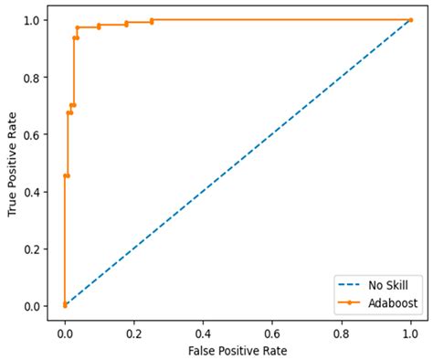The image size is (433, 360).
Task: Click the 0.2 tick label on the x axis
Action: pyautogui.click(x=134, y=334)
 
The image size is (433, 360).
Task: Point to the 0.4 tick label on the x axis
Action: pyautogui.click(x=203, y=334)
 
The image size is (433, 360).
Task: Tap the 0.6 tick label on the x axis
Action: pyautogui.click(x=272, y=334)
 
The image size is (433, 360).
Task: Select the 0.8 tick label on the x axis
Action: pyautogui.click(x=342, y=334)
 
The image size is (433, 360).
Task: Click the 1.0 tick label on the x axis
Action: pyautogui.click(x=410, y=334)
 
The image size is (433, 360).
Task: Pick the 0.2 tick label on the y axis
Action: pyautogui.click(x=32, y=249)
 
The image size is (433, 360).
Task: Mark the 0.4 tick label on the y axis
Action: pyautogui.click(x=32, y=192)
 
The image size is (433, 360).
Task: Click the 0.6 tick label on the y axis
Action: pyautogui.click(x=32, y=134)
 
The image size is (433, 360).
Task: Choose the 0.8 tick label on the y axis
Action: pyautogui.click(x=32, y=78)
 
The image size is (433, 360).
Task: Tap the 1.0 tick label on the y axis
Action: pyautogui.click(x=32, y=20)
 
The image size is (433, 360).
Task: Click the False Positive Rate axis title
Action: pyautogui.click(x=238, y=351)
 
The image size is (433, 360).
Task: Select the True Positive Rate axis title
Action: pyautogui.click(x=12, y=164)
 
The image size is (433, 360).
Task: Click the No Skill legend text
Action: pyautogui.click(x=388, y=285)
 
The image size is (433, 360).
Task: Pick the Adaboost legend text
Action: pyautogui.click(x=393, y=303)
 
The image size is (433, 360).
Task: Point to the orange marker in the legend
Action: pyautogui.click(x=349, y=302)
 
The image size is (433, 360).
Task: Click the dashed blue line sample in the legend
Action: pyautogui.click(x=349, y=285)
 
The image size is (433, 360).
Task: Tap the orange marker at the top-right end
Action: pyautogui.click(x=411, y=20)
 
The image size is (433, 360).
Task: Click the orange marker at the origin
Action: pyautogui.click(x=65, y=305)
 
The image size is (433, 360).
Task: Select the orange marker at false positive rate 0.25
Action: pyautogui.click(x=152, y=21)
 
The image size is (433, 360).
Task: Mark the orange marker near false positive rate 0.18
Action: pyautogui.click(x=126, y=24)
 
